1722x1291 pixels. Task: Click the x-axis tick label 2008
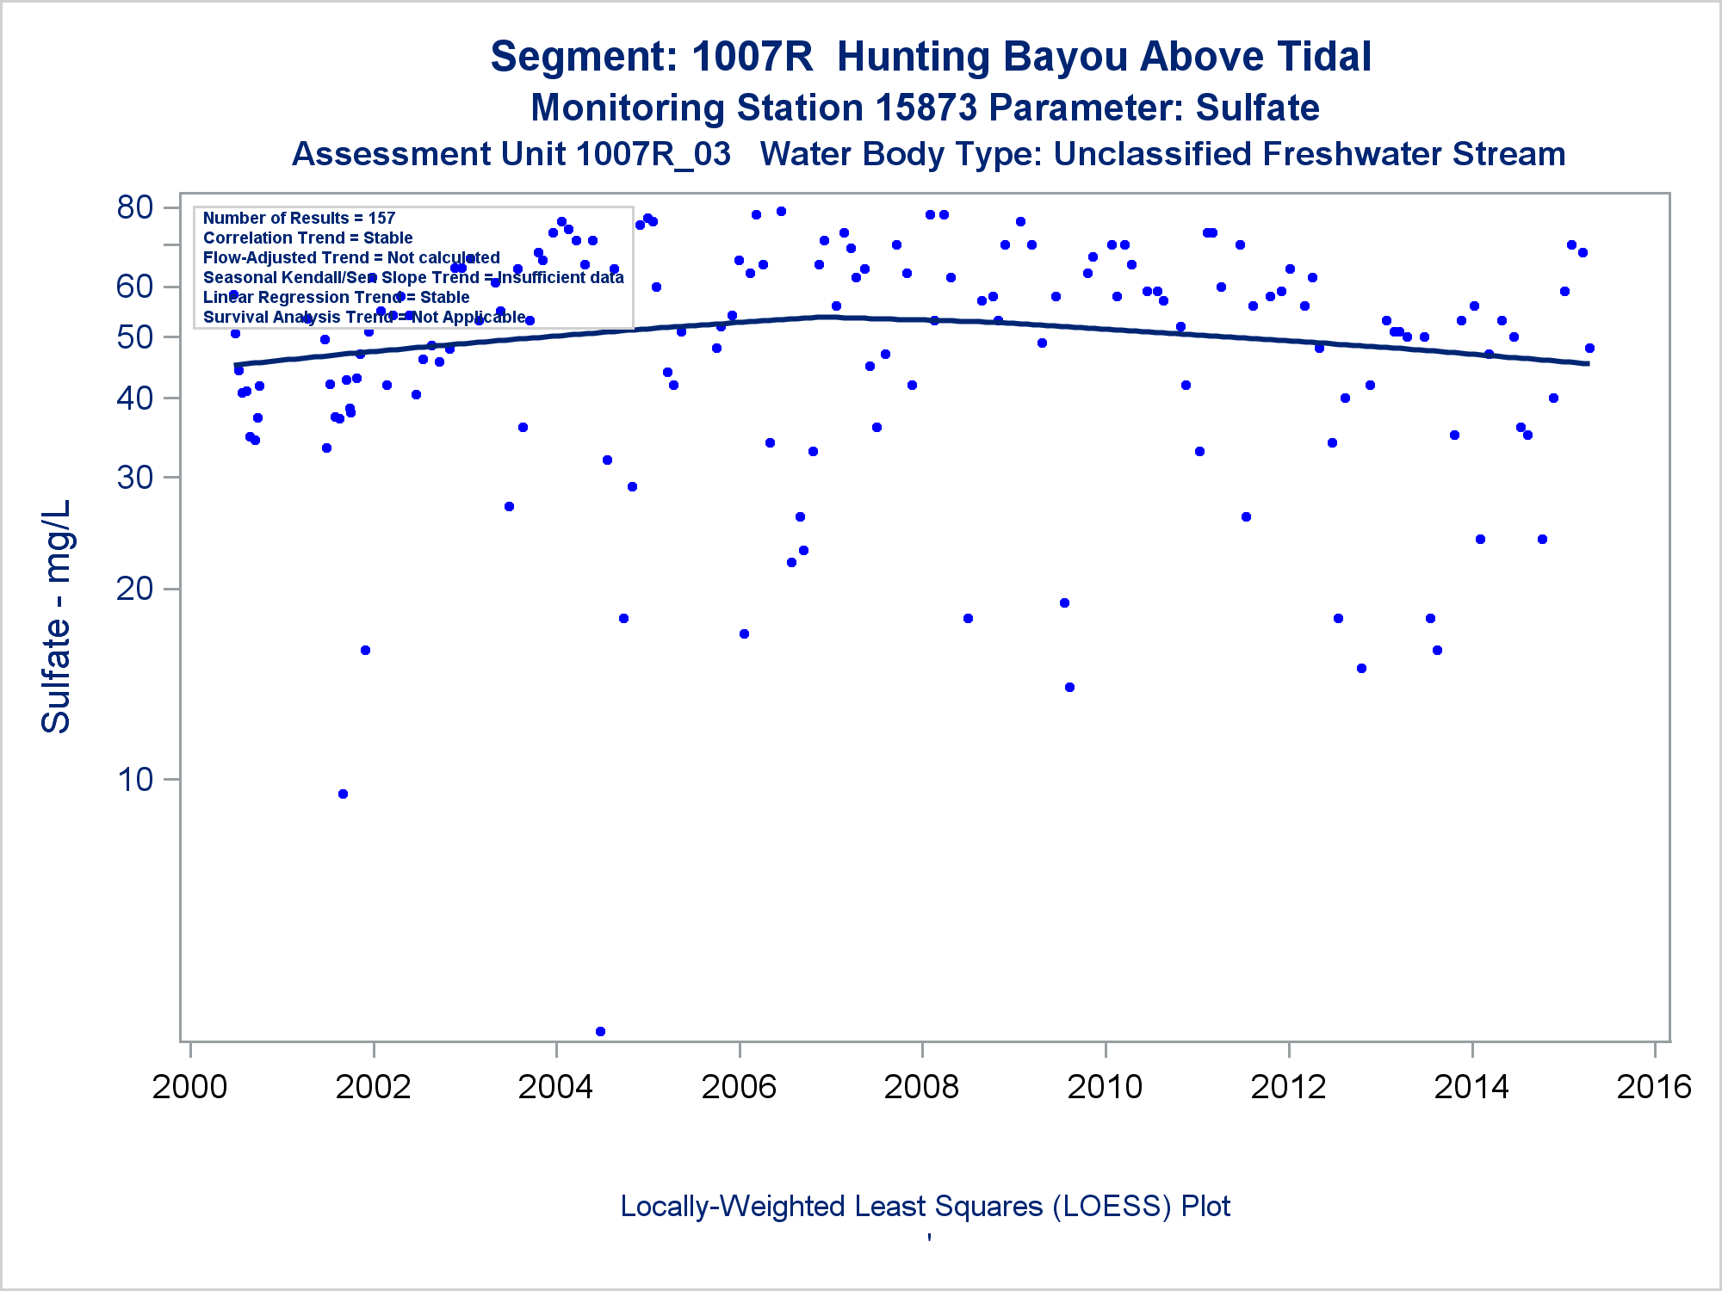921,1087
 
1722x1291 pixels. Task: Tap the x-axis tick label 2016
1654,1087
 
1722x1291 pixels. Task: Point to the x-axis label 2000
189,1087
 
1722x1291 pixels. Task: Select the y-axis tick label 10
135,780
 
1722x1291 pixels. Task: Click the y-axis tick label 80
135,207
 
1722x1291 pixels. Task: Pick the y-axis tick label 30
135,477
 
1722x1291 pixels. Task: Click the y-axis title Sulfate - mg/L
57,616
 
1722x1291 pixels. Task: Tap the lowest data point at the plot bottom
600,1031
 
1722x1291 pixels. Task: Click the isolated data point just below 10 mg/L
343,794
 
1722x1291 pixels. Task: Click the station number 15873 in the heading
926,108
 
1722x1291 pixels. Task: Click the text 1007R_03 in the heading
653,155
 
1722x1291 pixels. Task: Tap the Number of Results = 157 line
299,219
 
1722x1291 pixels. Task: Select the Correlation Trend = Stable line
307,238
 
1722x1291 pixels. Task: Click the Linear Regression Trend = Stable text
336,298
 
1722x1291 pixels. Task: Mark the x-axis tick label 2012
1288,1087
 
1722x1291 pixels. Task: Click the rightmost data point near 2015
1589,349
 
